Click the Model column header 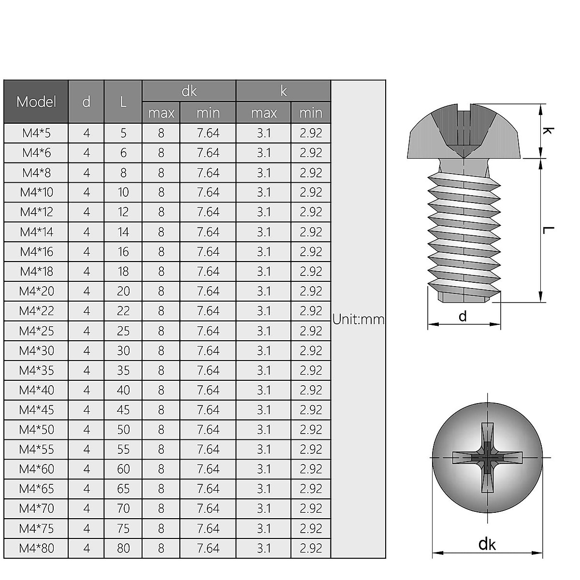36,101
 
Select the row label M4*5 37,133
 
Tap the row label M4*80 37,548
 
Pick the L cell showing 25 123,331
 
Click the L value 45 123,410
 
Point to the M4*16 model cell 37,252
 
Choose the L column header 123,101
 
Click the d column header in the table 87,101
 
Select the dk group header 189,91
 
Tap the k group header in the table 283,91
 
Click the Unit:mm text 358,319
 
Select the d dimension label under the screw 463,317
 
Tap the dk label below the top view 487,544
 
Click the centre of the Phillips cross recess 487,457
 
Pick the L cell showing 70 123,508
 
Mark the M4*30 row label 37,351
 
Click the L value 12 123,212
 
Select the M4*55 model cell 37,449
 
